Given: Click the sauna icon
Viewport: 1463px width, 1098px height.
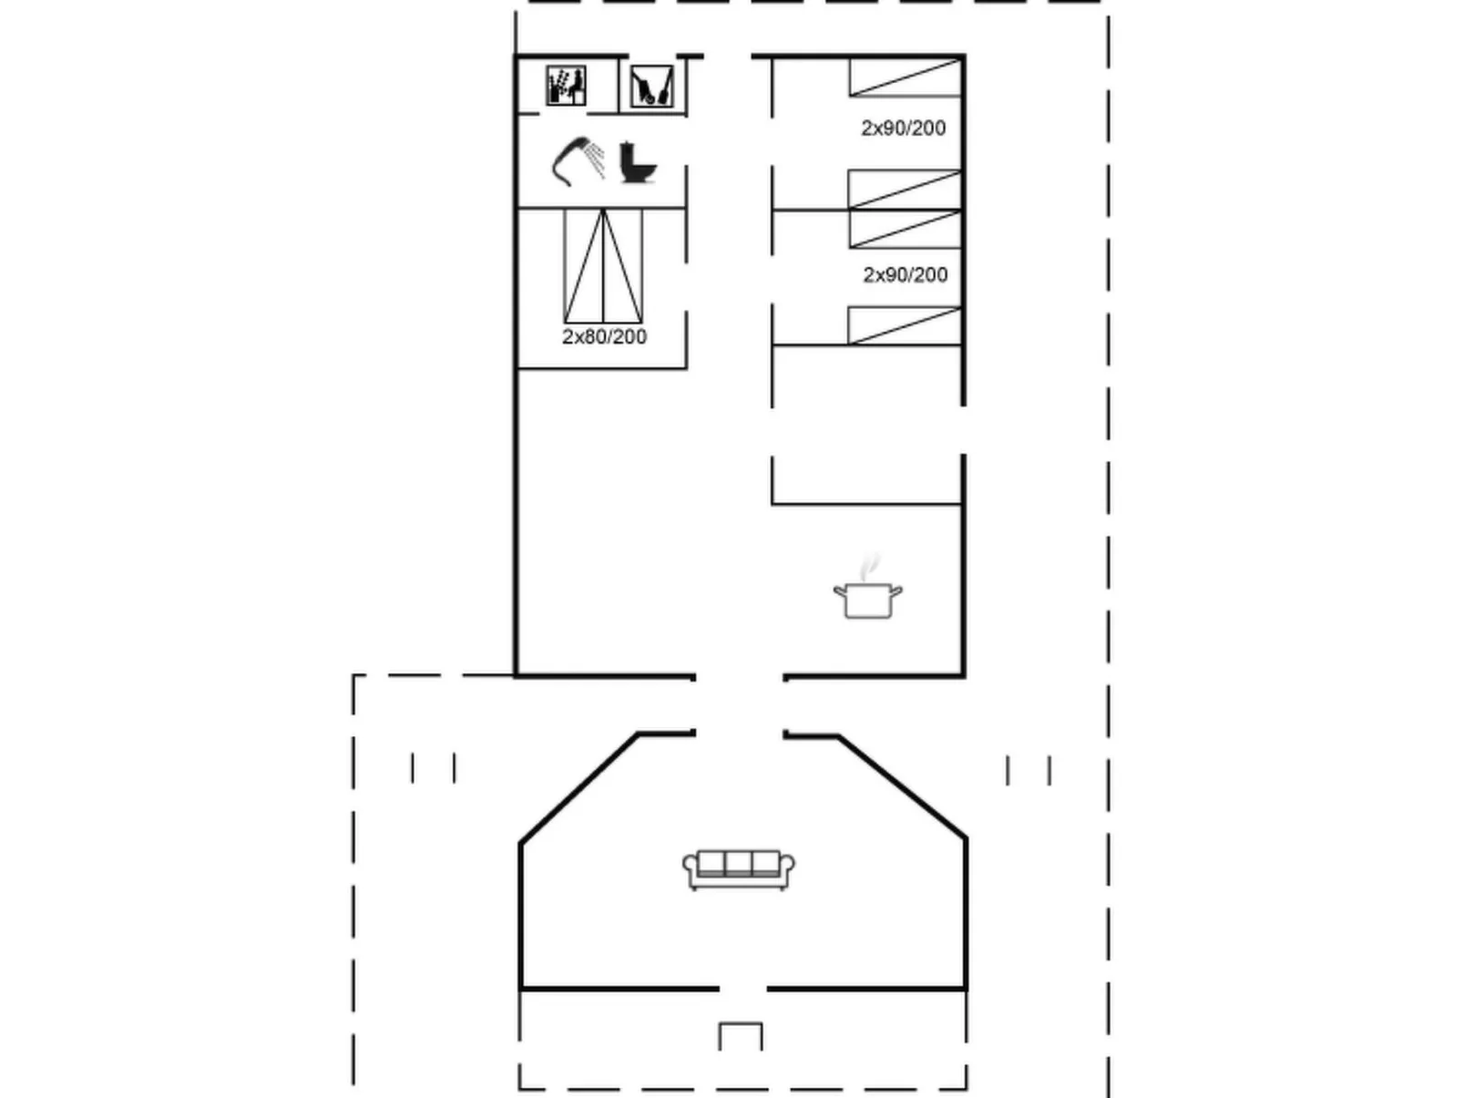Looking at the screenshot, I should click(566, 87).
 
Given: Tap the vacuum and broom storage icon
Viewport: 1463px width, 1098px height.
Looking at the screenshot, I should click(651, 87).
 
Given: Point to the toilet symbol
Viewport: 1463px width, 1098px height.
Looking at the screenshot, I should click(637, 162).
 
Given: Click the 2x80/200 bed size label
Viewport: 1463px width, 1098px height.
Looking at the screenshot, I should click(604, 337).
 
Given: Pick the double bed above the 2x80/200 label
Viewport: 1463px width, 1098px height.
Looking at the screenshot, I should click(603, 265).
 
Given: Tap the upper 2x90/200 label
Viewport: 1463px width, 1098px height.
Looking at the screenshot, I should click(903, 128).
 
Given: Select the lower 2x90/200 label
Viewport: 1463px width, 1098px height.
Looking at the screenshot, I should click(905, 275).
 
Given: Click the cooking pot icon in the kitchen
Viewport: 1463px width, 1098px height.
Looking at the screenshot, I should click(867, 600).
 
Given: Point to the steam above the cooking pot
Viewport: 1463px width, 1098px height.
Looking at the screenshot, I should click(871, 565).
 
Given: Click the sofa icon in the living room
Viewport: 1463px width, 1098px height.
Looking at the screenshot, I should click(739, 868).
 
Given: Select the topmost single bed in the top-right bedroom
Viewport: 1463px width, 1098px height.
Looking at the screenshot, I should click(905, 77).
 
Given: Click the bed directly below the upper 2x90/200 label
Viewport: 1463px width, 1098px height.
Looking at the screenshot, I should click(905, 190).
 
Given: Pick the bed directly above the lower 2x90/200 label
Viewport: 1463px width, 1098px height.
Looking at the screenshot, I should click(905, 230).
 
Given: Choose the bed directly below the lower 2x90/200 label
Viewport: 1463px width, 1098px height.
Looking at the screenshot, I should click(905, 325).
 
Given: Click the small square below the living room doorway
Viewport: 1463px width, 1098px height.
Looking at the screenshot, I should click(741, 1037).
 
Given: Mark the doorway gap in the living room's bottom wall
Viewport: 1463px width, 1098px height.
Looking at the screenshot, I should click(742, 989).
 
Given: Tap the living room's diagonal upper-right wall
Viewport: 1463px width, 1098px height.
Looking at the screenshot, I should click(902, 786).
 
